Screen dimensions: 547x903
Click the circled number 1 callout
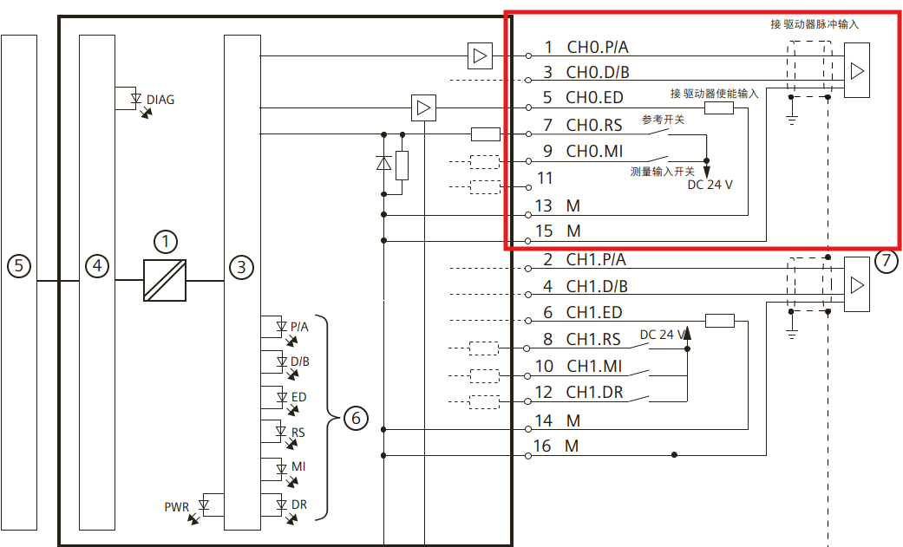pos(165,241)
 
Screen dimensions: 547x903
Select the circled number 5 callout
pos(19,266)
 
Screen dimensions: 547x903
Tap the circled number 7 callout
pos(886,261)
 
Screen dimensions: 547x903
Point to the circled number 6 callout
pos(356,419)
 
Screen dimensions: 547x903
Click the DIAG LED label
pos(160,100)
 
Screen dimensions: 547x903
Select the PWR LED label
pos(177,506)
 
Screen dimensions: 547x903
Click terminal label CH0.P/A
pos(598,47)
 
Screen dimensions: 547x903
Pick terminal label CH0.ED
pos(594,97)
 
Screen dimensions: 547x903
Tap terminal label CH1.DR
pos(594,392)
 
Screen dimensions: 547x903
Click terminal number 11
pos(545,179)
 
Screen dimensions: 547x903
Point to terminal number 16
pos(544,446)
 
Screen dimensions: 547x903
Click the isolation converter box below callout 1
pos(165,281)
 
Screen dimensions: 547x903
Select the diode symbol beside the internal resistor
pos(383,163)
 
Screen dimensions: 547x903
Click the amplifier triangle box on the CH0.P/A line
pos(479,56)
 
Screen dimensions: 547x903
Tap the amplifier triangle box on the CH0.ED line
pos(423,108)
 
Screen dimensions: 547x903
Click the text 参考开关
pos(663,120)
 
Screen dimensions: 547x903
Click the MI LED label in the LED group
pos(298,466)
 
